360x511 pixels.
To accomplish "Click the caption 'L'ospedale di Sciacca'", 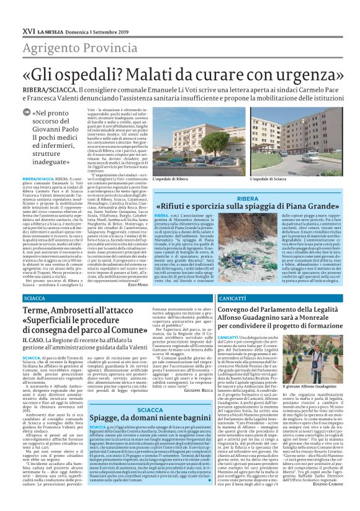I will click(268, 179).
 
